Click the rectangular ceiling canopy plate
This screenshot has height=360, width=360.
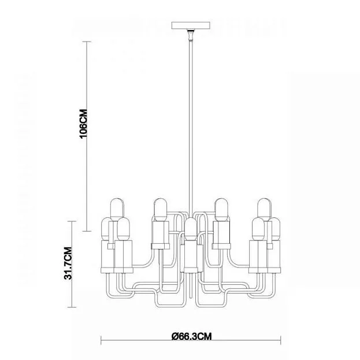point(191,25)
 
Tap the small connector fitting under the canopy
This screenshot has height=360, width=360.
point(190,35)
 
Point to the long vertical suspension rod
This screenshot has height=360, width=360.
point(191,128)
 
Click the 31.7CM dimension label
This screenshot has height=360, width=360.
point(68,263)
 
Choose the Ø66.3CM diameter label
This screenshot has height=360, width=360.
point(191,336)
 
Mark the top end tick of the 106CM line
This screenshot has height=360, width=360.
point(87,42)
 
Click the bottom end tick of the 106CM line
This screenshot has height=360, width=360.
point(87,231)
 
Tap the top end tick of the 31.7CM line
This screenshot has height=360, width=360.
point(72,221)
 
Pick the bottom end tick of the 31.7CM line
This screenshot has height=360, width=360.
point(72,307)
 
